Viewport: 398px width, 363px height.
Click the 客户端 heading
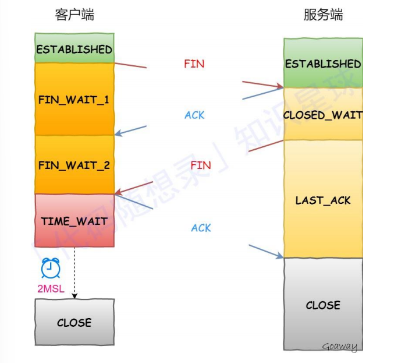[x=74, y=15]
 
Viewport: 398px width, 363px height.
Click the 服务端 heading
[x=324, y=15]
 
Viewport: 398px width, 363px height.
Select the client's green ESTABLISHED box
[x=74, y=48]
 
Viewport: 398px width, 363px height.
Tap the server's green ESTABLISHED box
[x=323, y=63]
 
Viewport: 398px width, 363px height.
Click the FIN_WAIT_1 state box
[x=74, y=99]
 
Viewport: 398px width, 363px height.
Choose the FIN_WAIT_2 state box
[x=74, y=164]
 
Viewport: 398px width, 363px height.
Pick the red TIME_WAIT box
[x=74, y=220]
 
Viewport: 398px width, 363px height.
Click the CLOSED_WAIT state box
[x=323, y=114]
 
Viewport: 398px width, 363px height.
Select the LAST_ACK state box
[x=323, y=199]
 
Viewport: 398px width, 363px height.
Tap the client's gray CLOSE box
[x=74, y=322]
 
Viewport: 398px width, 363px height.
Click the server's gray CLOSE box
[x=323, y=304]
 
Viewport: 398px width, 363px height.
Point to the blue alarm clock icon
[x=51, y=268]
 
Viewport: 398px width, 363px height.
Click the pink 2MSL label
[x=51, y=289]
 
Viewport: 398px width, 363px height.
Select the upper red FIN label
[x=194, y=64]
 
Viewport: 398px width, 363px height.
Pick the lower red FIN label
[x=201, y=165]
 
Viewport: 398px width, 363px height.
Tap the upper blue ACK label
[x=194, y=115]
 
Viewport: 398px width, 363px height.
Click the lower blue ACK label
[x=201, y=228]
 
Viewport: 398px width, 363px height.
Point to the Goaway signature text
[x=340, y=347]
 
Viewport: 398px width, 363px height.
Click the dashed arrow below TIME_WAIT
[x=74, y=273]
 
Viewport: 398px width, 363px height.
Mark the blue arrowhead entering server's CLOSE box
[x=280, y=255]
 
